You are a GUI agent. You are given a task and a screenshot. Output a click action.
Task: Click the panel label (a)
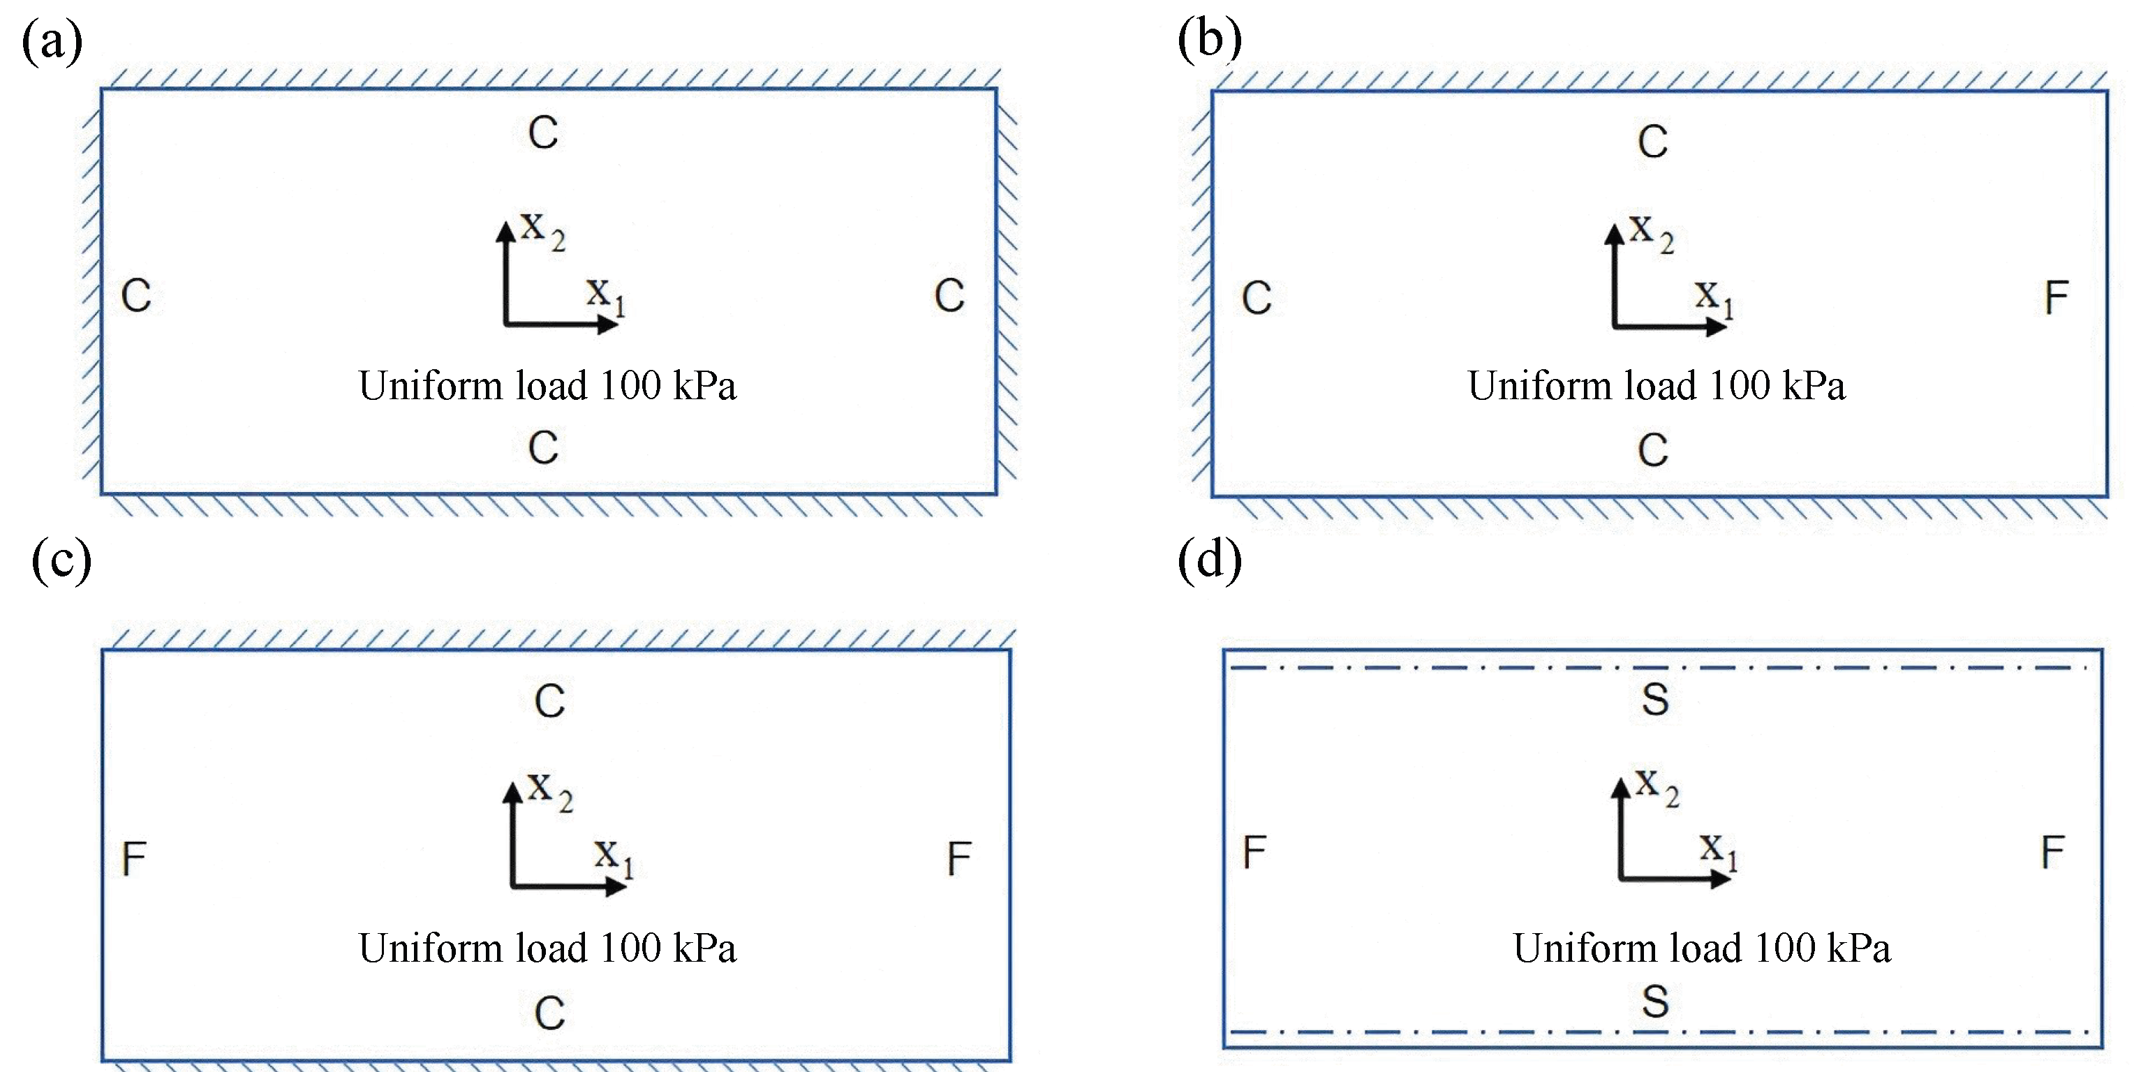coord(52,41)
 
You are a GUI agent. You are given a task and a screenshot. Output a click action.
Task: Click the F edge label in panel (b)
coord(2056,297)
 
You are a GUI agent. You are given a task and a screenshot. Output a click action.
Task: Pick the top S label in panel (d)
coord(1655,700)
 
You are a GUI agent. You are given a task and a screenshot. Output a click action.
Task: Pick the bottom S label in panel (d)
coord(1655,1002)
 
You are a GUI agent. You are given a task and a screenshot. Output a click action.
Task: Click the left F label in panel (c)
coord(134,858)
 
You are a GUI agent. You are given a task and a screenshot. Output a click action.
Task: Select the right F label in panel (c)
coord(958,858)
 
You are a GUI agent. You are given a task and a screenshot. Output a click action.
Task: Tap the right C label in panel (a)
coord(949,296)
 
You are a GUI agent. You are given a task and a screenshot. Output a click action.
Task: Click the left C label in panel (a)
coord(136,296)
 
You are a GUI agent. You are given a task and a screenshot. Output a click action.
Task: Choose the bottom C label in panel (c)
coord(549,1013)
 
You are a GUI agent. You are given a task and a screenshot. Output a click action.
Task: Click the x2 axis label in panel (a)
coord(542,230)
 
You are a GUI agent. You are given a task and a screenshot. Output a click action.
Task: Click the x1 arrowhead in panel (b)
coord(1717,327)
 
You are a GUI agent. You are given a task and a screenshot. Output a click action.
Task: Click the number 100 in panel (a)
coord(630,386)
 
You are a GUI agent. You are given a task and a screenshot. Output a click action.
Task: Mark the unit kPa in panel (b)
coord(1814,386)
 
